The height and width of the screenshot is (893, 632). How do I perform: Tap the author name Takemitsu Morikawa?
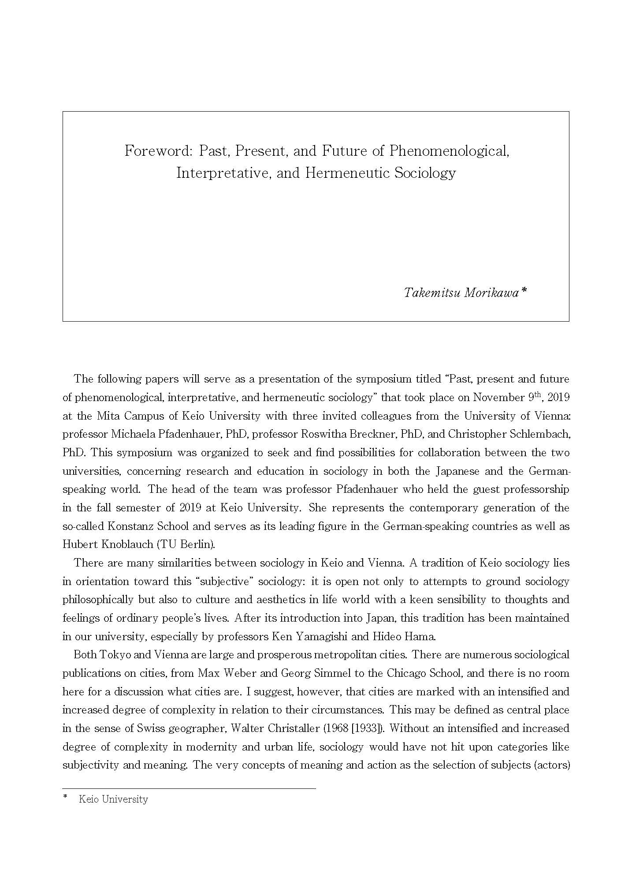461,293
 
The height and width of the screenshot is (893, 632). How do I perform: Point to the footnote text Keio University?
113,799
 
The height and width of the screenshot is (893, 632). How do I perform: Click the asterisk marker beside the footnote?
66,797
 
